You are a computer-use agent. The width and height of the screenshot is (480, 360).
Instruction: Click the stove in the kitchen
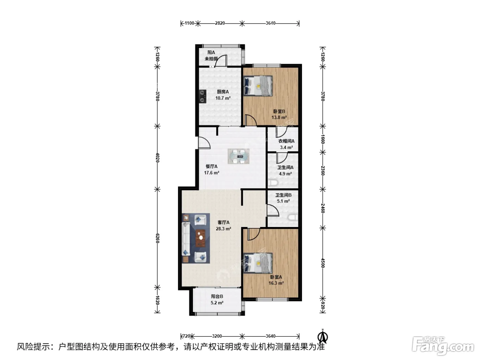point(203,96)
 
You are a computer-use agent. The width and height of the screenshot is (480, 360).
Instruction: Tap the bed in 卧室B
point(258,86)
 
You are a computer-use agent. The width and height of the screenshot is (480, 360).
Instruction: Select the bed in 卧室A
point(258,263)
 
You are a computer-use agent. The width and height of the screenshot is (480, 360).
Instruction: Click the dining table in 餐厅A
point(238,156)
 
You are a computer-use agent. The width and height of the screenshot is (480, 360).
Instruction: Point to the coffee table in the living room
point(201,238)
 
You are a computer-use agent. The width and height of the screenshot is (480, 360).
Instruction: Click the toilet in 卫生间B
point(293,217)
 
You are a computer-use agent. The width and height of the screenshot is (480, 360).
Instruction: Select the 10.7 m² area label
point(223,98)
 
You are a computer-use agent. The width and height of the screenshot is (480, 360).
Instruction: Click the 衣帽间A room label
point(286,141)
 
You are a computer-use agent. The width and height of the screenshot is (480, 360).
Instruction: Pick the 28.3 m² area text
point(224,229)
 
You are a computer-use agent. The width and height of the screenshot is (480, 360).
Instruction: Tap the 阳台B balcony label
point(217,296)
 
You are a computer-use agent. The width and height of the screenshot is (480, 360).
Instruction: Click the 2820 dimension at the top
point(220,23)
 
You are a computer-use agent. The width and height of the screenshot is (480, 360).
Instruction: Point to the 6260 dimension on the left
point(157,238)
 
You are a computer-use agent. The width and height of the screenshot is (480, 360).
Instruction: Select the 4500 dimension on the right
point(323,263)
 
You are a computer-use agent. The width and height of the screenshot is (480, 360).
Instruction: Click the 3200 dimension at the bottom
point(217,336)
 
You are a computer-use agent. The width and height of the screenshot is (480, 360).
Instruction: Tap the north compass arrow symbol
point(323,336)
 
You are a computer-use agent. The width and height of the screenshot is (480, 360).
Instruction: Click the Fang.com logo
point(443,346)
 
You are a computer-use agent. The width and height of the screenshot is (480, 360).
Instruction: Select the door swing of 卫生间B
point(273,210)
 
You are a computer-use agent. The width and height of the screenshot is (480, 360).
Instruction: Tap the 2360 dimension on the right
point(323,170)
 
